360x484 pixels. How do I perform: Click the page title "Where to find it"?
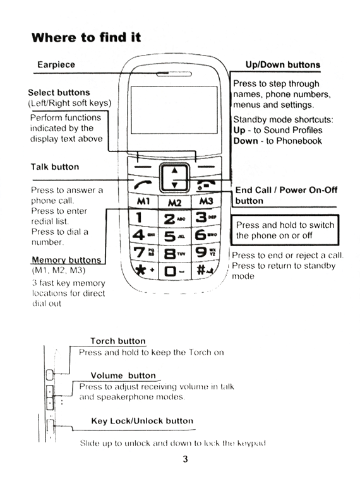click(x=86, y=37)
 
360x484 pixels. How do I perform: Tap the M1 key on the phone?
click(x=142, y=201)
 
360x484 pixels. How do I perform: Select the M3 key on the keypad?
click(x=207, y=201)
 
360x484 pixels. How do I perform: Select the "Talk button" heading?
click(x=55, y=167)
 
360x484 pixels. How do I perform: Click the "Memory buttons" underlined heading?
click(x=66, y=259)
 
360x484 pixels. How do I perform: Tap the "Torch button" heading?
click(x=117, y=341)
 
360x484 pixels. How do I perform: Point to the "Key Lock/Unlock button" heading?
click(x=142, y=420)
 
